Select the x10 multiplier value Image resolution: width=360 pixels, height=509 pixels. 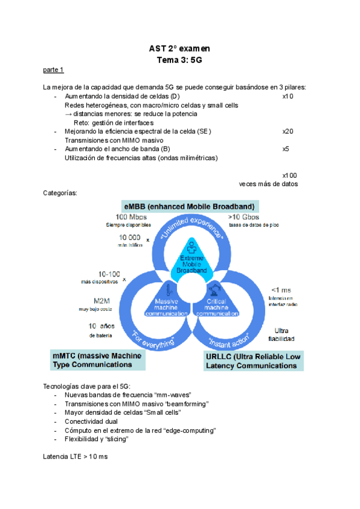click(x=287, y=96)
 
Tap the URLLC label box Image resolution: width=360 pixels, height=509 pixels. click(x=252, y=361)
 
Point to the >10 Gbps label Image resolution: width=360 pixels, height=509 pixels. click(x=244, y=217)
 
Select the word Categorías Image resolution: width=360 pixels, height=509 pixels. click(x=61, y=193)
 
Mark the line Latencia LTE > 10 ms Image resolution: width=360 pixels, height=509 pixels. click(x=76, y=457)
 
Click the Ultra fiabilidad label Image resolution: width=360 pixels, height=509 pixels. click(x=281, y=334)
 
